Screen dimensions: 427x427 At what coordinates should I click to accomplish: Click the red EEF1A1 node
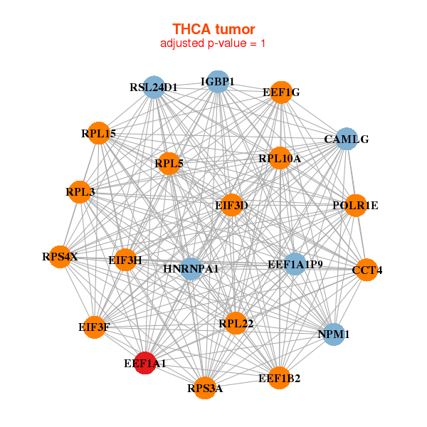(x=145, y=363)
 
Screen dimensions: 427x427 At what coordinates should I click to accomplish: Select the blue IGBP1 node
(x=218, y=82)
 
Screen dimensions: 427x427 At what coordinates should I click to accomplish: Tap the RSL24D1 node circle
(x=154, y=87)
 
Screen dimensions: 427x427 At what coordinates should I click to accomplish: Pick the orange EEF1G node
(x=281, y=93)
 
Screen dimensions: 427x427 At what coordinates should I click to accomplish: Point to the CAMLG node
(x=347, y=139)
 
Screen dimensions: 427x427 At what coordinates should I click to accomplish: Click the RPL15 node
(x=99, y=133)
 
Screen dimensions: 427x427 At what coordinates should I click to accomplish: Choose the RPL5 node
(x=169, y=164)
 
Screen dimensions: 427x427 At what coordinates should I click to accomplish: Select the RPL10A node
(x=280, y=158)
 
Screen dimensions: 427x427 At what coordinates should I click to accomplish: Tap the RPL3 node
(x=80, y=192)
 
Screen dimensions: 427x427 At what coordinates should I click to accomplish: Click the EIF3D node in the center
(x=231, y=205)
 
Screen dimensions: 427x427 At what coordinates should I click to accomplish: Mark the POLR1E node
(x=355, y=206)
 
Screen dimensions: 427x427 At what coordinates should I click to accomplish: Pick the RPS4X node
(x=60, y=257)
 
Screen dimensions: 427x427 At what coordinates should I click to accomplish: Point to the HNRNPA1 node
(x=191, y=269)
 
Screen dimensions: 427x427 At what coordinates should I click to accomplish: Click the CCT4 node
(x=367, y=270)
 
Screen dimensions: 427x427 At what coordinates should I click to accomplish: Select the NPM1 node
(x=334, y=334)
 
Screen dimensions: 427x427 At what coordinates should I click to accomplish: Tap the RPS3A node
(x=205, y=388)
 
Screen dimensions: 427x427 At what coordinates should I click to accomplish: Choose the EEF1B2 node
(x=279, y=378)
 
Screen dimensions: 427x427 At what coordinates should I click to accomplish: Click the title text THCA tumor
(x=213, y=29)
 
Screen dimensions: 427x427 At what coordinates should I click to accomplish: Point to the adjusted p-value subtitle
(x=213, y=43)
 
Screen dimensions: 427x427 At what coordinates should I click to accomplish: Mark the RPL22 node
(x=236, y=323)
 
